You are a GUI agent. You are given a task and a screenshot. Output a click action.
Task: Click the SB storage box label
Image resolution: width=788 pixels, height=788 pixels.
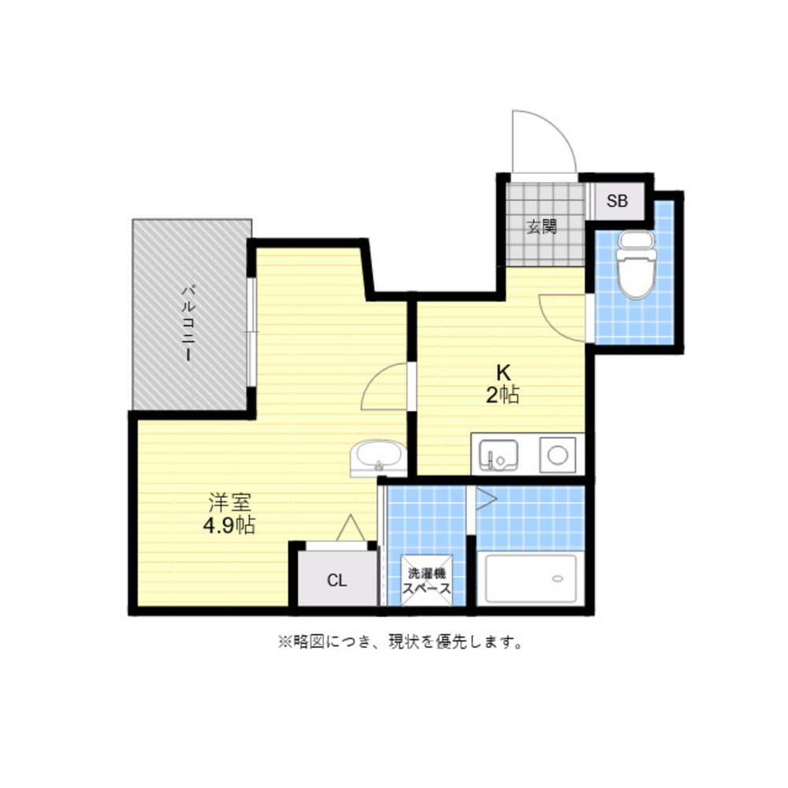(x=617, y=201)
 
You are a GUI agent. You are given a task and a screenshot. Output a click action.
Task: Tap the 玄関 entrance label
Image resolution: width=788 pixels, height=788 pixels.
(x=542, y=227)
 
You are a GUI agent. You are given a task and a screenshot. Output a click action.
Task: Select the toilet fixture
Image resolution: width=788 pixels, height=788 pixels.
(x=636, y=264)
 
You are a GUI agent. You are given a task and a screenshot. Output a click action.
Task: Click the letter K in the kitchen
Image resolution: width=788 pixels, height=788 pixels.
(x=503, y=373)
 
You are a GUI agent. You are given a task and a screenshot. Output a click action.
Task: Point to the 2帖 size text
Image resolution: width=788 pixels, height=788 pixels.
(x=503, y=396)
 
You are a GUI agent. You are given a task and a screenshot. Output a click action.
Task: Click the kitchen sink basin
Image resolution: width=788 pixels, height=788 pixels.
(x=498, y=455)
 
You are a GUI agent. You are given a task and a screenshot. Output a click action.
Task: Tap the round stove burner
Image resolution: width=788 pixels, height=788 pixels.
(x=557, y=455)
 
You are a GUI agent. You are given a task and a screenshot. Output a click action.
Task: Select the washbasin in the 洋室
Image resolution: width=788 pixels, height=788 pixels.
(x=378, y=458)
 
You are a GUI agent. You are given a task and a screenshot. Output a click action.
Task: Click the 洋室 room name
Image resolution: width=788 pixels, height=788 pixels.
(x=229, y=502)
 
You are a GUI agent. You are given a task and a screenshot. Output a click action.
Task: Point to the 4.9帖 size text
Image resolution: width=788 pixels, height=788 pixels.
(x=229, y=526)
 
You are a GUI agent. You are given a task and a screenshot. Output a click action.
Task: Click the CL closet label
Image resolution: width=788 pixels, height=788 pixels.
(x=336, y=581)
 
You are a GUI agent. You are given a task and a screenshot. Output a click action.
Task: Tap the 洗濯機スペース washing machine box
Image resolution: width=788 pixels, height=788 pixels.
(x=426, y=581)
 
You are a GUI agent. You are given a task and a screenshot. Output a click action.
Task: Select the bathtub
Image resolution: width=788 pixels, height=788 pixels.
(x=530, y=578)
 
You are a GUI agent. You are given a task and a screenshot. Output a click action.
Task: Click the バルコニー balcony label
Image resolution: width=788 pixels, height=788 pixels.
(x=188, y=323)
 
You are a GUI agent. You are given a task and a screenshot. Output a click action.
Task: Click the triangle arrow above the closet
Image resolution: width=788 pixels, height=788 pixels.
(x=351, y=528)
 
